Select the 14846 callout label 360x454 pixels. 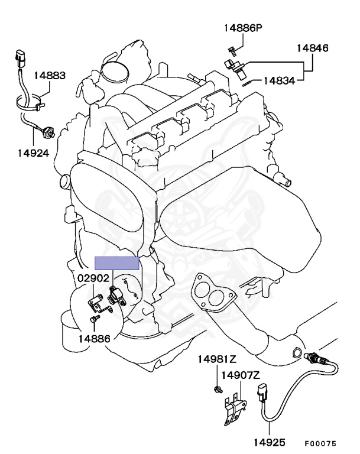click(x=313, y=48)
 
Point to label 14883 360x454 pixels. click(x=49, y=76)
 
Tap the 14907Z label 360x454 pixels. click(x=241, y=375)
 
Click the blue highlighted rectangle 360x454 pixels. click(x=118, y=263)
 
